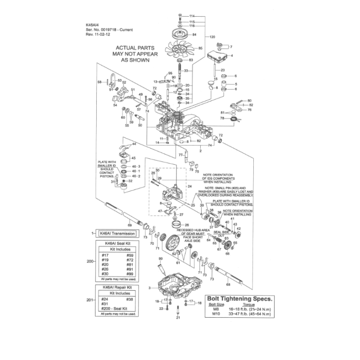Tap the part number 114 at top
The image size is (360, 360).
[x=192, y=16]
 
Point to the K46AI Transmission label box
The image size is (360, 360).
[x=117, y=234]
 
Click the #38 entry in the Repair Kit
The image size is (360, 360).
[x=129, y=299]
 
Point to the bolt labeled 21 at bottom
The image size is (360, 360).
[x=178, y=311]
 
